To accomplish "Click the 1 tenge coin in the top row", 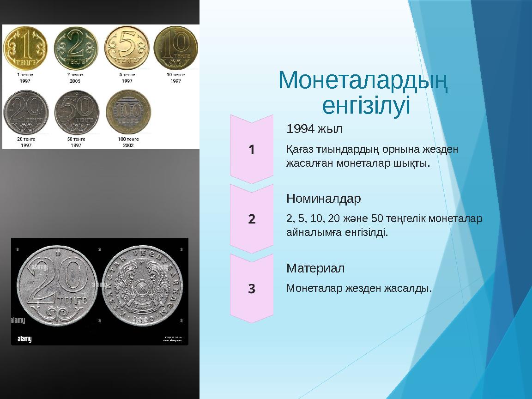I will [25, 48].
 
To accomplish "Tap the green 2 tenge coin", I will [76, 48].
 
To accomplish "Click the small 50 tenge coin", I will [76, 112].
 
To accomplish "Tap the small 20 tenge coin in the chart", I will [26, 112].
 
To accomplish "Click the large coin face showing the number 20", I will [57, 285].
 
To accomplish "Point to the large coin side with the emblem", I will [144, 285].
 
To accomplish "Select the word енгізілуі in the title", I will [365, 106].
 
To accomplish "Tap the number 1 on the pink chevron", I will [252, 150].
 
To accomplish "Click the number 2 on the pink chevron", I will [252, 219].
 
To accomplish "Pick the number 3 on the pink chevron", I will [252, 289].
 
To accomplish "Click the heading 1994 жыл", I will [314, 128].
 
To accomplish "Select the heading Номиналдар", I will [324, 199].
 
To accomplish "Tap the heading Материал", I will [315, 268].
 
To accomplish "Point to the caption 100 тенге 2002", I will [128, 142].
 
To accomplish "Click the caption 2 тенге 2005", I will [75, 77].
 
